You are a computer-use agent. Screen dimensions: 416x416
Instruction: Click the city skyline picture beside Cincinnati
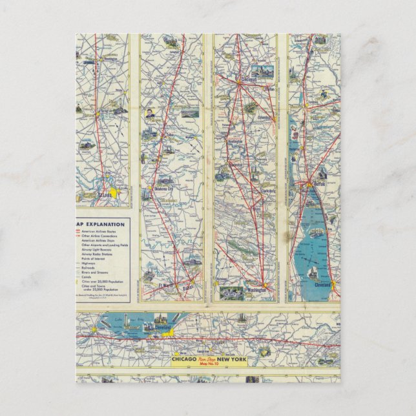click(x=262, y=71)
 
